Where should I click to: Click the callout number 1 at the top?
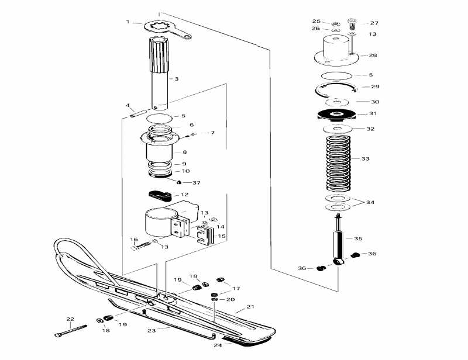tap(128, 22)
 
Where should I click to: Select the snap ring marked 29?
tap(336, 88)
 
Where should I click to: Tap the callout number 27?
tap(374, 23)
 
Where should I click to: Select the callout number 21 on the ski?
tap(250, 307)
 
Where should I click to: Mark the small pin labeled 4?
tap(140, 111)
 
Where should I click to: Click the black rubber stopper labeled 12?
tap(160, 195)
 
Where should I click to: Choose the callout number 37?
tap(197, 183)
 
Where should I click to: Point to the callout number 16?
tap(133, 240)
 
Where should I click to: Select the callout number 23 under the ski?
tap(151, 330)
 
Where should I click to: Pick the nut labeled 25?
tap(336, 23)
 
